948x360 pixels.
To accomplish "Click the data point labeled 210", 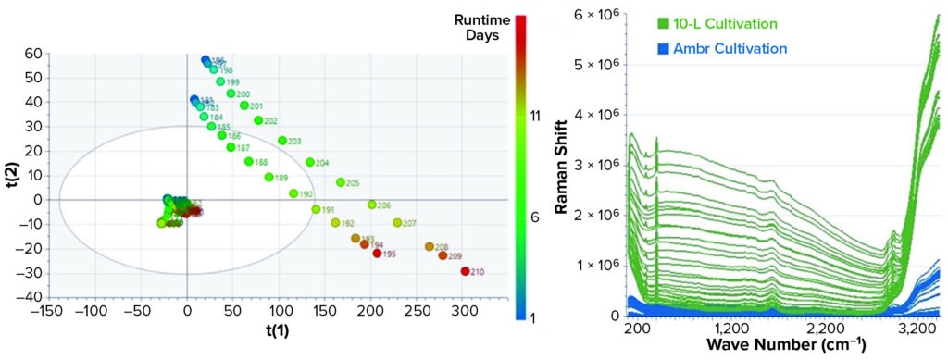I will click(x=465, y=271).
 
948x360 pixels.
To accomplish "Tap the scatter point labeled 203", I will click(x=282, y=141).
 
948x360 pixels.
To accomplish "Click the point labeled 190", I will click(x=293, y=194).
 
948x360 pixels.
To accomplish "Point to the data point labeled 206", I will click(x=372, y=205).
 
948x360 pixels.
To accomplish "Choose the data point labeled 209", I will click(x=443, y=255).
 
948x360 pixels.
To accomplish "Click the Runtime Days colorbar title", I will click(x=478, y=27).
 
